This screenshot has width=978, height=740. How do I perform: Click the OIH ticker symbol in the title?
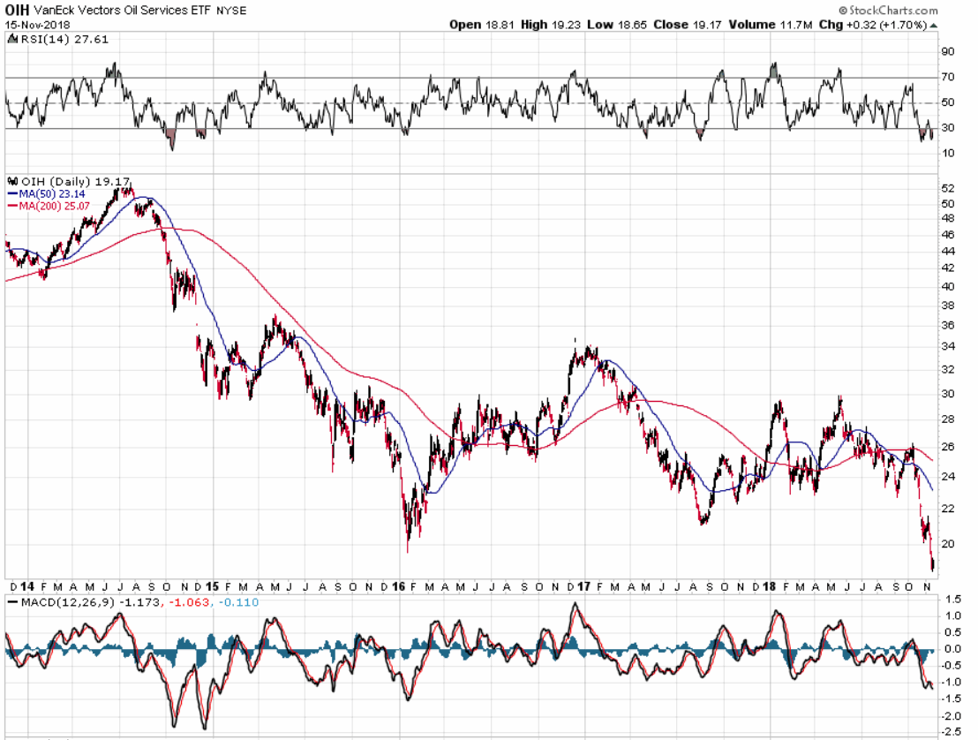click(x=17, y=10)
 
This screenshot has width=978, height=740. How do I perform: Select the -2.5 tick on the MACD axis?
click(x=951, y=730)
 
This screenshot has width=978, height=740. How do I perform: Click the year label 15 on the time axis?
click(x=212, y=586)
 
